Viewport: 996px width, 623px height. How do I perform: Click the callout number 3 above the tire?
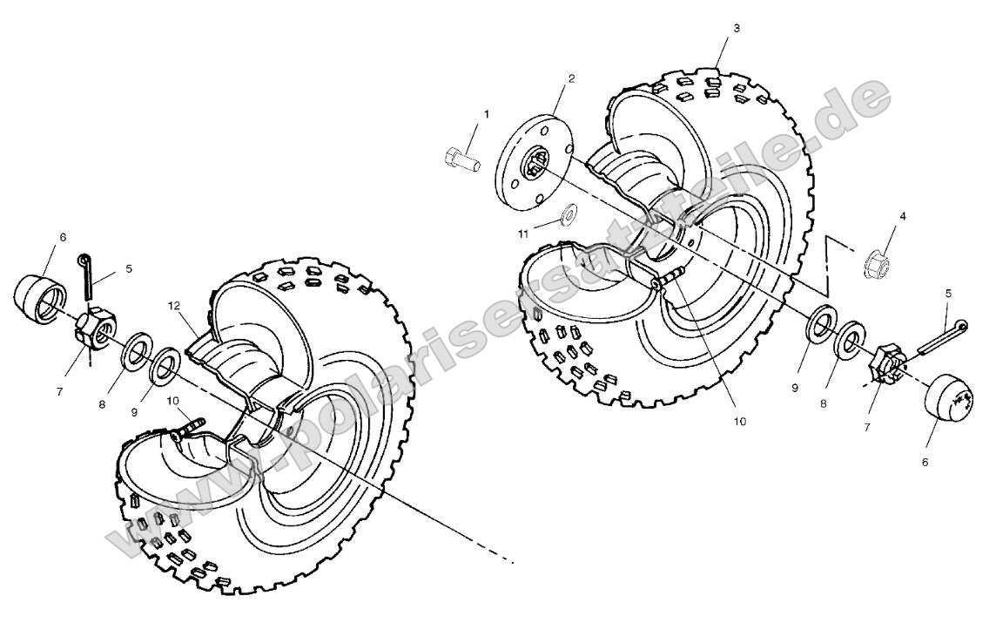coord(737,28)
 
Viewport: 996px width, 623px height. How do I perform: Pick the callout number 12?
coord(174,306)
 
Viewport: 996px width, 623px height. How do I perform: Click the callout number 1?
coord(486,114)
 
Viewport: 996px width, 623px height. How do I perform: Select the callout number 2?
coord(571,78)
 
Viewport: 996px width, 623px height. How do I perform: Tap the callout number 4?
coord(903,215)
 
